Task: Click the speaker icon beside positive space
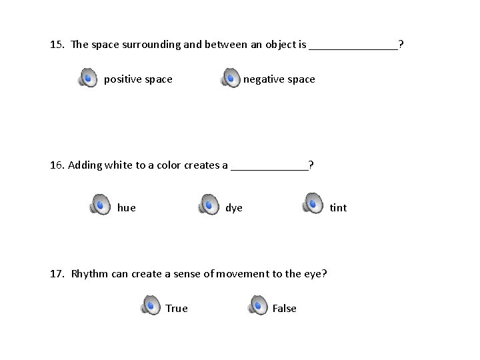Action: pyautogui.click(x=87, y=78)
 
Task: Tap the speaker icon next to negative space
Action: pyautogui.click(x=231, y=78)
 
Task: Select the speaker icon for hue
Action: pyautogui.click(x=100, y=204)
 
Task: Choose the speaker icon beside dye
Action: pyautogui.click(x=208, y=204)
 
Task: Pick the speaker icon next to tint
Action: pyautogui.click(x=312, y=203)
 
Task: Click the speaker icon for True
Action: pyautogui.click(x=150, y=305)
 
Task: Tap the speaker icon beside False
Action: pyautogui.click(x=257, y=305)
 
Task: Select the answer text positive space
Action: pyautogui.click(x=138, y=79)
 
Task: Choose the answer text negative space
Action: pyautogui.click(x=279, y=79)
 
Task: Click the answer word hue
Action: pyautogui.click(x=126, y=207)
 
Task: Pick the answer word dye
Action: pyautogui.click(x=234, y=207)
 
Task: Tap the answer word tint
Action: pyautogui.click(x=338, y=207)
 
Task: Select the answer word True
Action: pyautogui.click(x=177, y=308)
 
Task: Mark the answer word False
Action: pyautogui.click(x=284, y=308)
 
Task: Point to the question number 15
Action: pyautogui.click(x=57, y=45)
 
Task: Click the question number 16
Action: pyautogui.click(x=57, y=165)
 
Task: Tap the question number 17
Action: pyautogui.click(x=57, y=273)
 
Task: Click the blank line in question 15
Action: pyautogui.click(x=353, y=47)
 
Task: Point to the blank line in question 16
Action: pyautogui.click(x=269, y=167)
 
